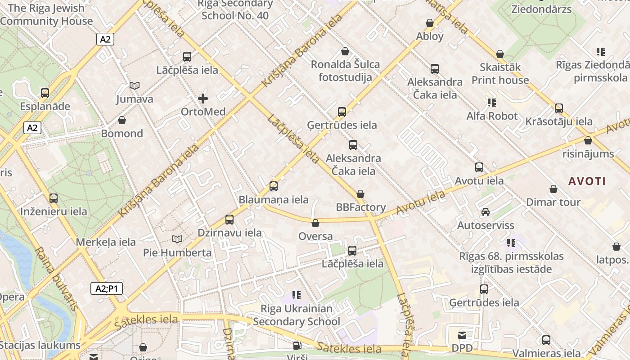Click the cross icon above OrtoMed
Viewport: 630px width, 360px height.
(x=203, y=98)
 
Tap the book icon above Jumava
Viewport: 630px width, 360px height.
(x=134, y=85)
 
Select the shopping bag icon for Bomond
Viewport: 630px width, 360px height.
(x=121, y=120)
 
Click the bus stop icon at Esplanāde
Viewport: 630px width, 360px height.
(x=45, y=93)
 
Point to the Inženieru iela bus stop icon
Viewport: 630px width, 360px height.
(x=54, y=198)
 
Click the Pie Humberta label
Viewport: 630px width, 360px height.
(x=177, y=252)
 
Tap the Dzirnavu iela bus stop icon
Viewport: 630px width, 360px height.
(x=229, y=220)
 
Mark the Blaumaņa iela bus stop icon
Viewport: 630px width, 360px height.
(x=273, y=186)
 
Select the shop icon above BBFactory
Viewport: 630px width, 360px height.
(x=360, y=194)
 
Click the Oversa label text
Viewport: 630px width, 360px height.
(x=315, y=236)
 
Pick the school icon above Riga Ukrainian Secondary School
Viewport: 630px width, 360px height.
(x=296, y=295)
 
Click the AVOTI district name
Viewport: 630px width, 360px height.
(x=587, y=181)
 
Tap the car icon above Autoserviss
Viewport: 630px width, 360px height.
(x=486, y=211)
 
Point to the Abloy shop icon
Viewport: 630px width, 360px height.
(x=430, y=23)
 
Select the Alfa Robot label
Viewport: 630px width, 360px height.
(x=492, y=116)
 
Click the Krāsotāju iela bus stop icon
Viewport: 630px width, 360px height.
(x=559, y=108)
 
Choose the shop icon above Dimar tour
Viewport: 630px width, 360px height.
(x=553, y=189)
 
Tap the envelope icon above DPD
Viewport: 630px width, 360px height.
(x=462, y=335)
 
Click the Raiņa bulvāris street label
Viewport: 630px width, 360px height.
(x=56, y=279)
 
